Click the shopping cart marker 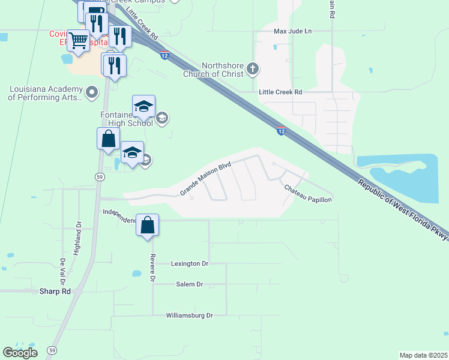78,41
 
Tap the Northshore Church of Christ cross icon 253,69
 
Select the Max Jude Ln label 293,31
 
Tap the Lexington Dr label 189,263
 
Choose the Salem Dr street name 189,284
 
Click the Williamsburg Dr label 189,315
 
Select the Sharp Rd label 55,291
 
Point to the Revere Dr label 152,270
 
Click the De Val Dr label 62,271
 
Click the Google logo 20,353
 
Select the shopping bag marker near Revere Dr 148,226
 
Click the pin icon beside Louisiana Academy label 92,92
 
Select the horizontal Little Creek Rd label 280,92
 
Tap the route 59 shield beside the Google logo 52,350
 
